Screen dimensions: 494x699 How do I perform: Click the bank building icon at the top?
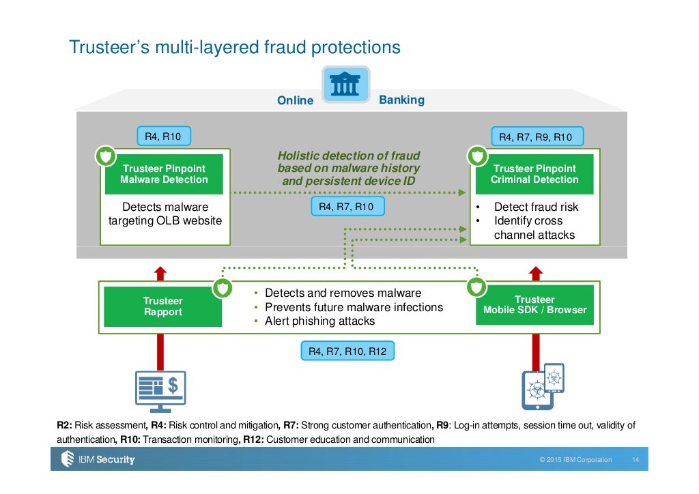[345, 85]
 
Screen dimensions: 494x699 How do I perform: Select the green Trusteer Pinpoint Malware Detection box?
[164, 174]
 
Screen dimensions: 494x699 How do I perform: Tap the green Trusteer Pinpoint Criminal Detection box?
[534, 174]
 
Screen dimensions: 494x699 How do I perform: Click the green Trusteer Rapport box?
[162, 306]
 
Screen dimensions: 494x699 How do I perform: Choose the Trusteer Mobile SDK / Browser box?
[534, 305]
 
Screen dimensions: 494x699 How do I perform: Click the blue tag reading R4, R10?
[163, 137]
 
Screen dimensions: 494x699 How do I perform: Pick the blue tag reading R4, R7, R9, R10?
[535, 137]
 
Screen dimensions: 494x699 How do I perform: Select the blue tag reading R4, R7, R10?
[346, 206]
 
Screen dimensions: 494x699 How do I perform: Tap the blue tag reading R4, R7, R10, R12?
[347, 351]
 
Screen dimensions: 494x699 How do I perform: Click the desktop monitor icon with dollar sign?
[160, 391]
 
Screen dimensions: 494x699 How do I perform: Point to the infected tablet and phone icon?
[543, 386]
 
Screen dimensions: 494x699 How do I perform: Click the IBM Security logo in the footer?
[98, 459]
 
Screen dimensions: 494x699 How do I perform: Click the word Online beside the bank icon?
[295, 101]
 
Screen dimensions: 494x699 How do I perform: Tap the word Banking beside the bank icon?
[401, 100]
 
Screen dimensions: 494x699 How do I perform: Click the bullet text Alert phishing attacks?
[319, 321]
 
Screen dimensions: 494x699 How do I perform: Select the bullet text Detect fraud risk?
[535, 207]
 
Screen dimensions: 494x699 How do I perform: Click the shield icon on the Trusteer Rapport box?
[222, 288]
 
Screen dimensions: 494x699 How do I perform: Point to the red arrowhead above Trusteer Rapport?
[160, 272]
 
